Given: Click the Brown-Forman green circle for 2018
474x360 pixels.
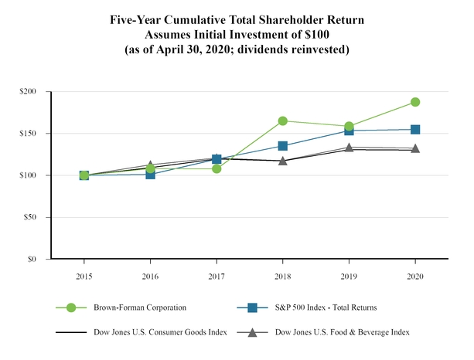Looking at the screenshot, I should click(x=283, y=121).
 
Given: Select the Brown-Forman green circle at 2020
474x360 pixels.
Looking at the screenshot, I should click(x=415, y=102).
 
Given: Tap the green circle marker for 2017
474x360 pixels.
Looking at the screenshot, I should click(x=217, y=168).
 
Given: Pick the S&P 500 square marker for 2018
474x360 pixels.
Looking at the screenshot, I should click(x=283, y=146).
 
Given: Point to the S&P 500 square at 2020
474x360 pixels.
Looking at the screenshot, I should click(x=415, y=130).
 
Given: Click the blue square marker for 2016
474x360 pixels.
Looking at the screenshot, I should click(x=150, y=175).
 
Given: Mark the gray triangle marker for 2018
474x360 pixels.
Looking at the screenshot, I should click(x=283, y=161).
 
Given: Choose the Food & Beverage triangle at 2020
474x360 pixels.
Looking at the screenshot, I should click(x=415, y=148).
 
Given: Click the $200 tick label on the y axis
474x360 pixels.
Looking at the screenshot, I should click(x=29, y=92).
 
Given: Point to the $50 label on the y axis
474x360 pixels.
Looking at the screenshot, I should click(x=32, y=217).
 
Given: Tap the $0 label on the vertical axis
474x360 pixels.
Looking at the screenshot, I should click(x=34, y=260).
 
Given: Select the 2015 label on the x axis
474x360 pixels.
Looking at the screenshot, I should click(x=84, y=276).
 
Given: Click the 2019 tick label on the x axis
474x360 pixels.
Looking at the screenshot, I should click(x=349, y=276).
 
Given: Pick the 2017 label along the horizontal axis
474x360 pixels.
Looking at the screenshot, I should click(x=217, y=276).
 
